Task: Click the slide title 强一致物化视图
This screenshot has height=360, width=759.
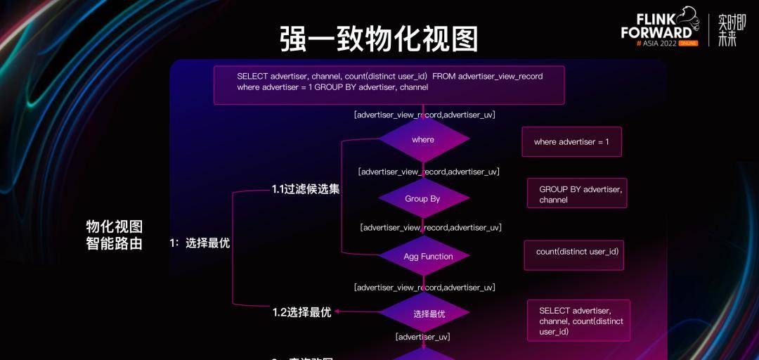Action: (x=379, y=39)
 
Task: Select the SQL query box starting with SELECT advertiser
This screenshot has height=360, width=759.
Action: (x=389, y=85)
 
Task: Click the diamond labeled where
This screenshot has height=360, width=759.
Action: (x=423, y=139)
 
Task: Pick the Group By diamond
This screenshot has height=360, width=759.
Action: (x=423, y=199)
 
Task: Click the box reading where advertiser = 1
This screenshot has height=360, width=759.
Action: (x=571, y=142)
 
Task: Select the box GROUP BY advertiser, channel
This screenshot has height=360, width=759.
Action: (x=576, y=193)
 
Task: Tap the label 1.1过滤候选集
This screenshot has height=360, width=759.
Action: (x=306, y=188)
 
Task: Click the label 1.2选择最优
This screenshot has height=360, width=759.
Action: (x=301, y=312)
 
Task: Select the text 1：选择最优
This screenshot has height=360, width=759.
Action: (x=200, y=243)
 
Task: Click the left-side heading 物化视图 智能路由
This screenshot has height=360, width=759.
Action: (x=115, y=235)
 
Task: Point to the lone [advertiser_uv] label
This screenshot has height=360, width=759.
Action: (x=422, y=337)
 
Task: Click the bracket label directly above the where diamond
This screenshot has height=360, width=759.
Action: (x=424, y=115)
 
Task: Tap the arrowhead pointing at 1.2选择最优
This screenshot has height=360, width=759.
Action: (x=337, y=312)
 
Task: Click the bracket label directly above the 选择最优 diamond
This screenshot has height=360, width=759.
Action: (x=424, y=287)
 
